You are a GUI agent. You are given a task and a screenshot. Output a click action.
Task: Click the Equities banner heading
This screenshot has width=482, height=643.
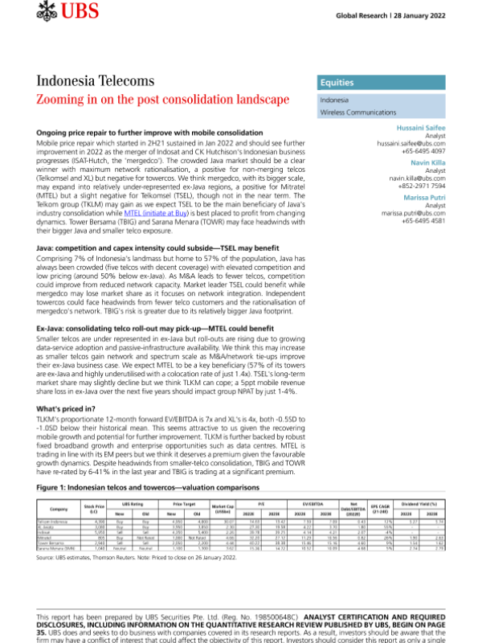(x=338, y=82)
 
